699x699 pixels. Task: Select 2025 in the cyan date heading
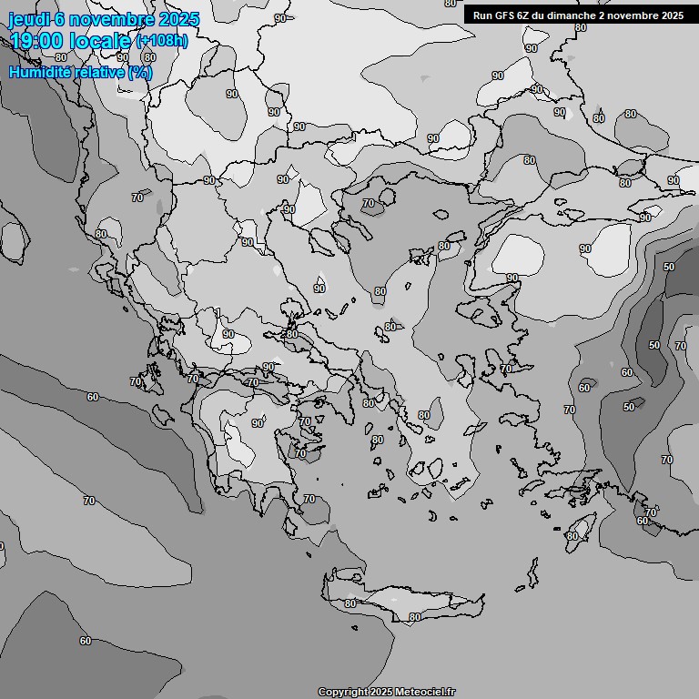click(x=177, y=19)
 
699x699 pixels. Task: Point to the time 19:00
click(x=37, y=41)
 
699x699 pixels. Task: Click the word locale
click(x=102, y=41)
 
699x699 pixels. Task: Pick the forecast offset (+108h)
click(x=162, y=41)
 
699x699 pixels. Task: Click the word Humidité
click(x=41, y=72)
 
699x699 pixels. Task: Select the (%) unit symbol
click(x=141, y=72)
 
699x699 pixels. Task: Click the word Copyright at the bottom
click(x=342, y=693)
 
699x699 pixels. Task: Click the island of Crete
click(x=410, y=604)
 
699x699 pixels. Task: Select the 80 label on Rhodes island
click(x=572, y=536)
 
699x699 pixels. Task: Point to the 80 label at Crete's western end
click(x=350, y=603)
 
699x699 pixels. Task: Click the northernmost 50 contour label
click(x=669, y=267)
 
